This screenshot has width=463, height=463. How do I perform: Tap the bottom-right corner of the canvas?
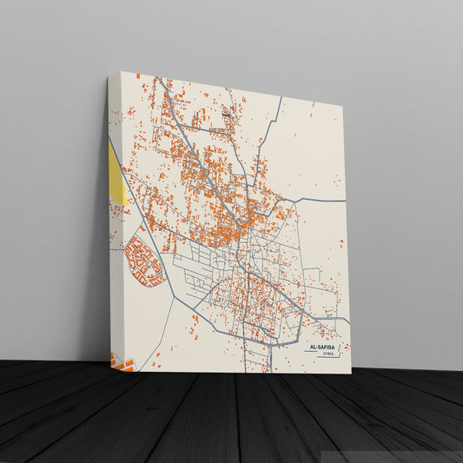point(350,373)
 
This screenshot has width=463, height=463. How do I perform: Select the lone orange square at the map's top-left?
point(137,76)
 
